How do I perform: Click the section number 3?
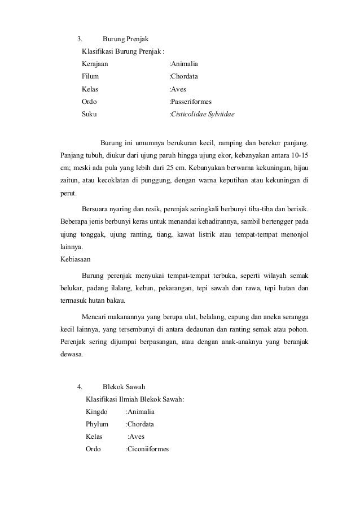click(80, 39)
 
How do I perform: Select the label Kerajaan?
click(95, 64)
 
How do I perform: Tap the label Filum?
click(90, 76)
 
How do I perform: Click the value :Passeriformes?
click(191, 102)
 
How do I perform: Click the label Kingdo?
click(96, 412)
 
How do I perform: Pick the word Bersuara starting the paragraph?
click(97, 208)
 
